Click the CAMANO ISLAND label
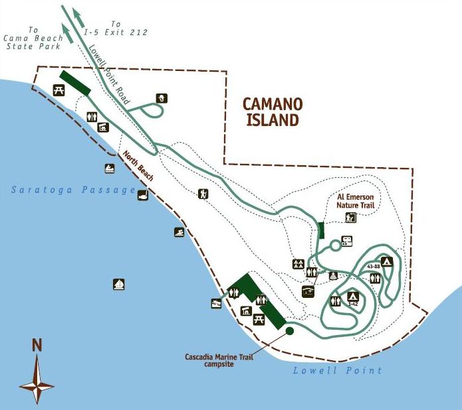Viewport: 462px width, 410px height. click(x=272, y=111)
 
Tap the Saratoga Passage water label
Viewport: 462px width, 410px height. click(x=73, y=191)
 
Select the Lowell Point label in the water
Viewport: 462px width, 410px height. click(x=337, y=371)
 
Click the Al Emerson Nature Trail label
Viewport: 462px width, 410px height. click(x=356, y=201)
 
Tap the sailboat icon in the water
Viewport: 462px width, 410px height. click(x=119, y=285)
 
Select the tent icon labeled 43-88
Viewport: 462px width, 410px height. click(x=387, y=261)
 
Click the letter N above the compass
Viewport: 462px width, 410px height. click(x=37, y=346)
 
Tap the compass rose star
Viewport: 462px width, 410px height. click(x=37, y=381)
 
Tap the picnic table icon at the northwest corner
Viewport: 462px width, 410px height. click(x=58, y=90)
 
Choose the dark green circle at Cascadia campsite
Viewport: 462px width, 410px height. click(x=290, y=330)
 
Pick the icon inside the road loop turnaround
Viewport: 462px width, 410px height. click(x=161, y=99)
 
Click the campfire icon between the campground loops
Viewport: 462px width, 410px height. click(x=334, y=275)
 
